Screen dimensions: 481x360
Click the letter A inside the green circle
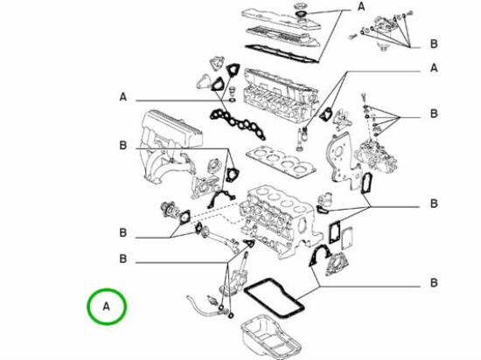106,307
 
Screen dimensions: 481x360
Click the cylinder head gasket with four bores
281,163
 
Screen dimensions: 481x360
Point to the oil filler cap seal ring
301,14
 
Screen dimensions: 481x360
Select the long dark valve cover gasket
282,54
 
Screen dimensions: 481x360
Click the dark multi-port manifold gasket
237,123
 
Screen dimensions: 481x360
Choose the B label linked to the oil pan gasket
434,282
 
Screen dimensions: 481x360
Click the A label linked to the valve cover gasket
362,6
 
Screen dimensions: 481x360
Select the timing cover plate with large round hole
343,159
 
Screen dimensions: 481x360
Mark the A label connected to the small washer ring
123,97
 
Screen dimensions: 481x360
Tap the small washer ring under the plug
233,100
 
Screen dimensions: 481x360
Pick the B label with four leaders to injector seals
434,114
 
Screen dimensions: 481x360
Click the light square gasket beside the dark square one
347,237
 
